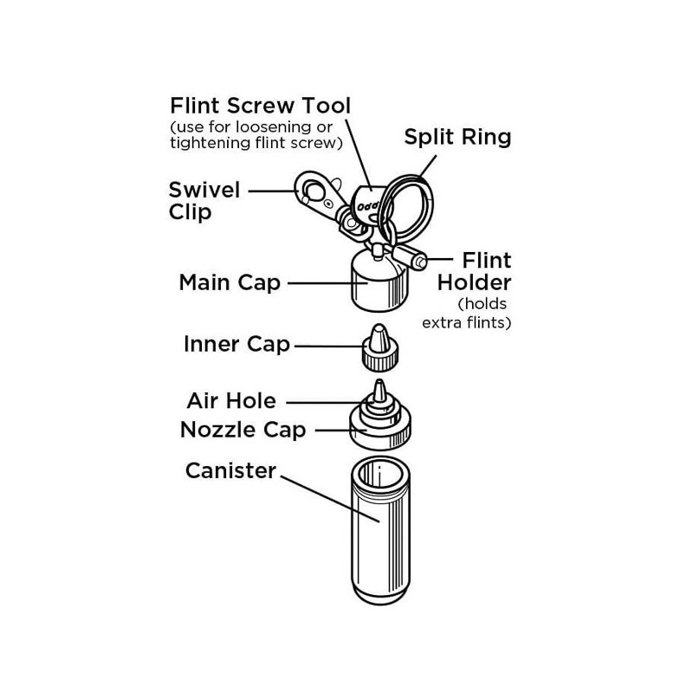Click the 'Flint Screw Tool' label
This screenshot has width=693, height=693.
(x=260, y=107)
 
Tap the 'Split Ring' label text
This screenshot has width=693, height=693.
(x=457, y=136)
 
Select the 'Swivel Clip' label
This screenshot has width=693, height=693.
(x=204, y=200)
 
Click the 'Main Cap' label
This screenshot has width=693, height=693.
(x=230, y=282)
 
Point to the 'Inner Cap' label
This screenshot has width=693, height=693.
(x=236, y=345)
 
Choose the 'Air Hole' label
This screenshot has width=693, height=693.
(x=231, y=401)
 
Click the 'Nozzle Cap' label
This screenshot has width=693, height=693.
(x=243, y=430)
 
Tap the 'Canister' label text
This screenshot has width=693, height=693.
(x=230, y=470)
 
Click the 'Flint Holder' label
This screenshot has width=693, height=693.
(x=475, y=271)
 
